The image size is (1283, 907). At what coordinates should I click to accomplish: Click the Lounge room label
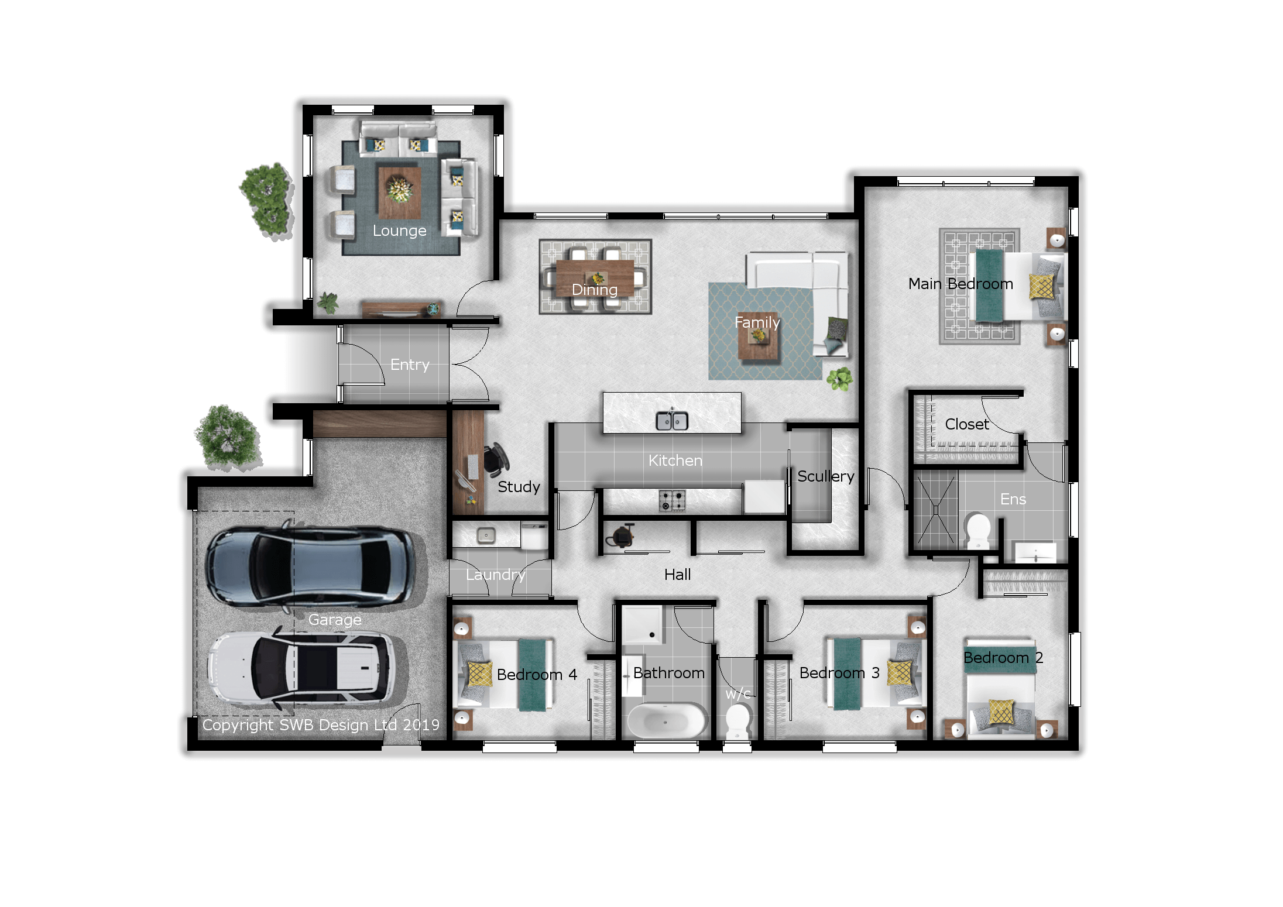point(399,231)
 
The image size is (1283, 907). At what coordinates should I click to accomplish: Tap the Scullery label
point(825,476)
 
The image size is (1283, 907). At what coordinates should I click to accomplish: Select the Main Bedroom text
point(960,284)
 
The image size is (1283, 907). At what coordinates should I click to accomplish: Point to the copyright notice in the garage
point(321,725)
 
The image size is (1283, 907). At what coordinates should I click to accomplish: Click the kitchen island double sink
point(672,420)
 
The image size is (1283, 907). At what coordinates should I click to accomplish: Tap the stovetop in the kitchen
point(672,500)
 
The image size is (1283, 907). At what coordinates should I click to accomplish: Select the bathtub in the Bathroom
point(666,721)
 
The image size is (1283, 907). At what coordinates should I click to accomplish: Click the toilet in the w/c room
point(737,721)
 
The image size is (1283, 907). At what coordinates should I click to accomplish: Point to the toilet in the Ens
point(977,531)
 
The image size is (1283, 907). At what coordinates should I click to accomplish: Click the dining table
point(595,278)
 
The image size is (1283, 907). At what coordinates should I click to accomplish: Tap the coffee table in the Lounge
point(400,193)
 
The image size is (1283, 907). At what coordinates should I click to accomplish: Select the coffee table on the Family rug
point(759,338)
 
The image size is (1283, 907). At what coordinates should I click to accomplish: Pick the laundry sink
point(486,535)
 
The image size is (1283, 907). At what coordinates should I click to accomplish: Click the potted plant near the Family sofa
point(840,379)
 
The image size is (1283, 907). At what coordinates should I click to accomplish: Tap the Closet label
point(967,424)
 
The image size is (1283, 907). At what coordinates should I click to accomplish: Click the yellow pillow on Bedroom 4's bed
point(480,674)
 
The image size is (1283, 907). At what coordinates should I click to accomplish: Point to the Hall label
point(677,575)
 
